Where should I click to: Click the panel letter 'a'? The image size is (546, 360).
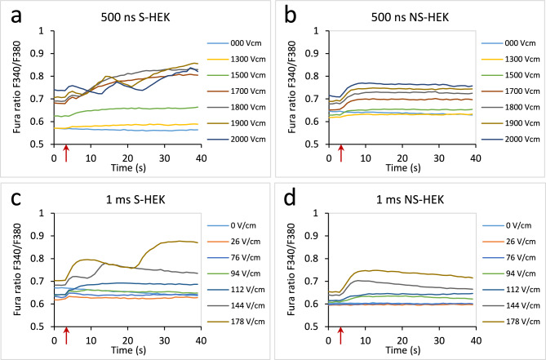click(x=16, y=17)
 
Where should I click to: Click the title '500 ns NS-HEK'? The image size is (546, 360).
click(x=410, y=17)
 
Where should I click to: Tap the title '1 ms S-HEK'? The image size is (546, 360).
click(x=135, y=199)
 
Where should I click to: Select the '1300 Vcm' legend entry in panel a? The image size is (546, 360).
click(x=237, y=60)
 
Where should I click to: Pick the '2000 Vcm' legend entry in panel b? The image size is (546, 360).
click(x=511, y=140)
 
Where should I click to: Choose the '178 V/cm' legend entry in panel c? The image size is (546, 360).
click(x=236, y=322)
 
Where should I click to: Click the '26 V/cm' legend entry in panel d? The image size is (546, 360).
click(x=508, y=242)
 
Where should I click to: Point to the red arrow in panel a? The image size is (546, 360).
click(x=66, y=153)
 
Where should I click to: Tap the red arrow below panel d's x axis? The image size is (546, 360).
click(x=340, y=336)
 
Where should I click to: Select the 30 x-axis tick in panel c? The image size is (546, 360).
click(x=165, y=340)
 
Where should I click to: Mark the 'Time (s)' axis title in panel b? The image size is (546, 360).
click(x=403, y=168)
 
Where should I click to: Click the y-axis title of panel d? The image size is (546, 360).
click(x=292, y=269)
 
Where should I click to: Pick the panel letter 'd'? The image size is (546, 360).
click(x=291, y=199)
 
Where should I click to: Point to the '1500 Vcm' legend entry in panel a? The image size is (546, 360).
click(x=237, y=75)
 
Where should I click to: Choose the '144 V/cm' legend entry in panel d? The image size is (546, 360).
click(x=510, y=305)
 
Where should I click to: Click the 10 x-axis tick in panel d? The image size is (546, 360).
click(x=366, y=340)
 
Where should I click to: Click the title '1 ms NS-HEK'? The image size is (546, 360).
click(x=410, y=199)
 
